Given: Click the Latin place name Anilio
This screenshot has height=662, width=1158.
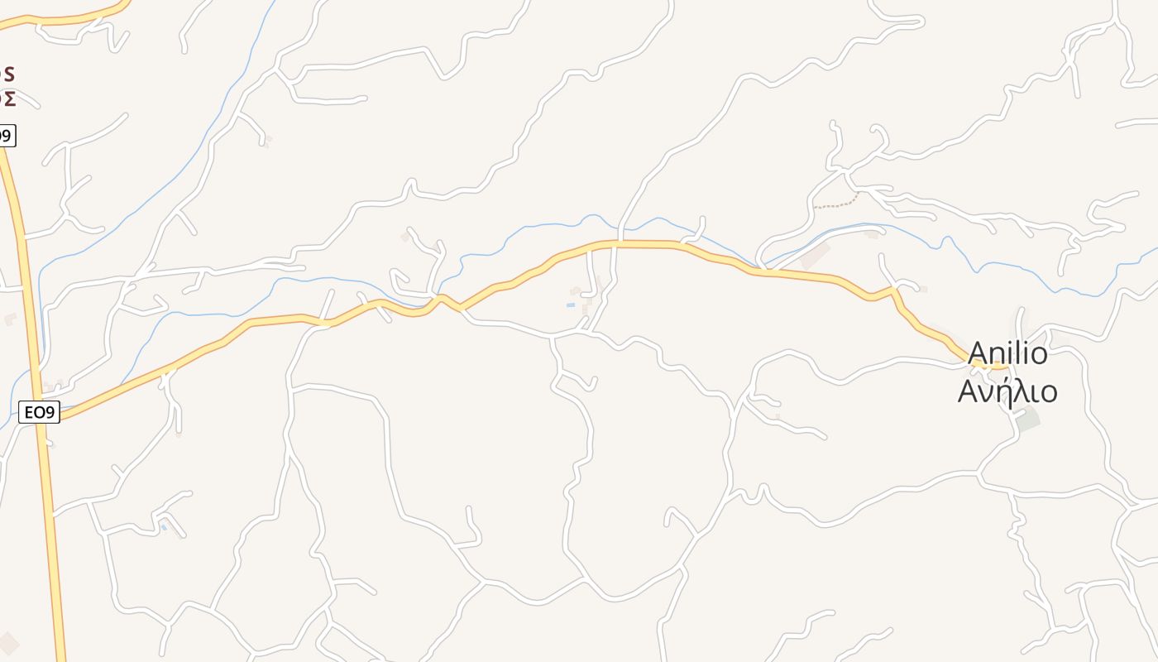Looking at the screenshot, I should pos(1007,353).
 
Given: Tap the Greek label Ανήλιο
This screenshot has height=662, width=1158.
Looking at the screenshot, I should pos(1007,391).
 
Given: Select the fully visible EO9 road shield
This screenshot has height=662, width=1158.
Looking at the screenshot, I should pos(40,411).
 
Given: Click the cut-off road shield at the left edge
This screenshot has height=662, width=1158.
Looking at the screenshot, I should pos(7,136).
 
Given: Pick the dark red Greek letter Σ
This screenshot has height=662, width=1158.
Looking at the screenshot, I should pos(8,98).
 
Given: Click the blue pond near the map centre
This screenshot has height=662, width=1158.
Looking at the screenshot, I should pos(570,305).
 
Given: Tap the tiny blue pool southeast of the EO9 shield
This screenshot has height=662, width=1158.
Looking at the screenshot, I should pos(163,527).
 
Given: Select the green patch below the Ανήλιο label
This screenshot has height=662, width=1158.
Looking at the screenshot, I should pos(1027,420).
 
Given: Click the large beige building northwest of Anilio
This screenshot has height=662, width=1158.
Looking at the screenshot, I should pos(815,256).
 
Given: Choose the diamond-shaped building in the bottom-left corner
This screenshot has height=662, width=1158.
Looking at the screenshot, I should pos(8,644).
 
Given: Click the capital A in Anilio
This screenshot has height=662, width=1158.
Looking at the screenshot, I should pos(979,354).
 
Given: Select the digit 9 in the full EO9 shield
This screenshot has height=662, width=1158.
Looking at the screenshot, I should pos(51,411).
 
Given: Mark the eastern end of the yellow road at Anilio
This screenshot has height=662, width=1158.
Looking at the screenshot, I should pos(1004,366).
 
